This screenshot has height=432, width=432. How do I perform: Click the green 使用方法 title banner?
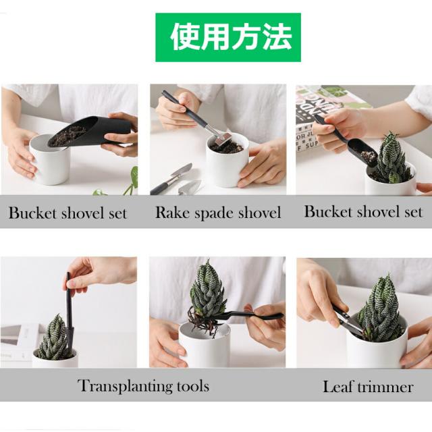(x=228, y=37)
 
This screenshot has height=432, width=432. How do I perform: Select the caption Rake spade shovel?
(x=218, y=213)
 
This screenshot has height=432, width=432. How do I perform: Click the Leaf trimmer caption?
(x=367, y=387)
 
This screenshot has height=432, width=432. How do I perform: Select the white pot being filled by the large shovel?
(x=49, y=161)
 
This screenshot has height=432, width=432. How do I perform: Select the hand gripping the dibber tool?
(x=101, y=271)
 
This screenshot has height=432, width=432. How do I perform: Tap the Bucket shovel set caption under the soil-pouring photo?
(x=67, y=213)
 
